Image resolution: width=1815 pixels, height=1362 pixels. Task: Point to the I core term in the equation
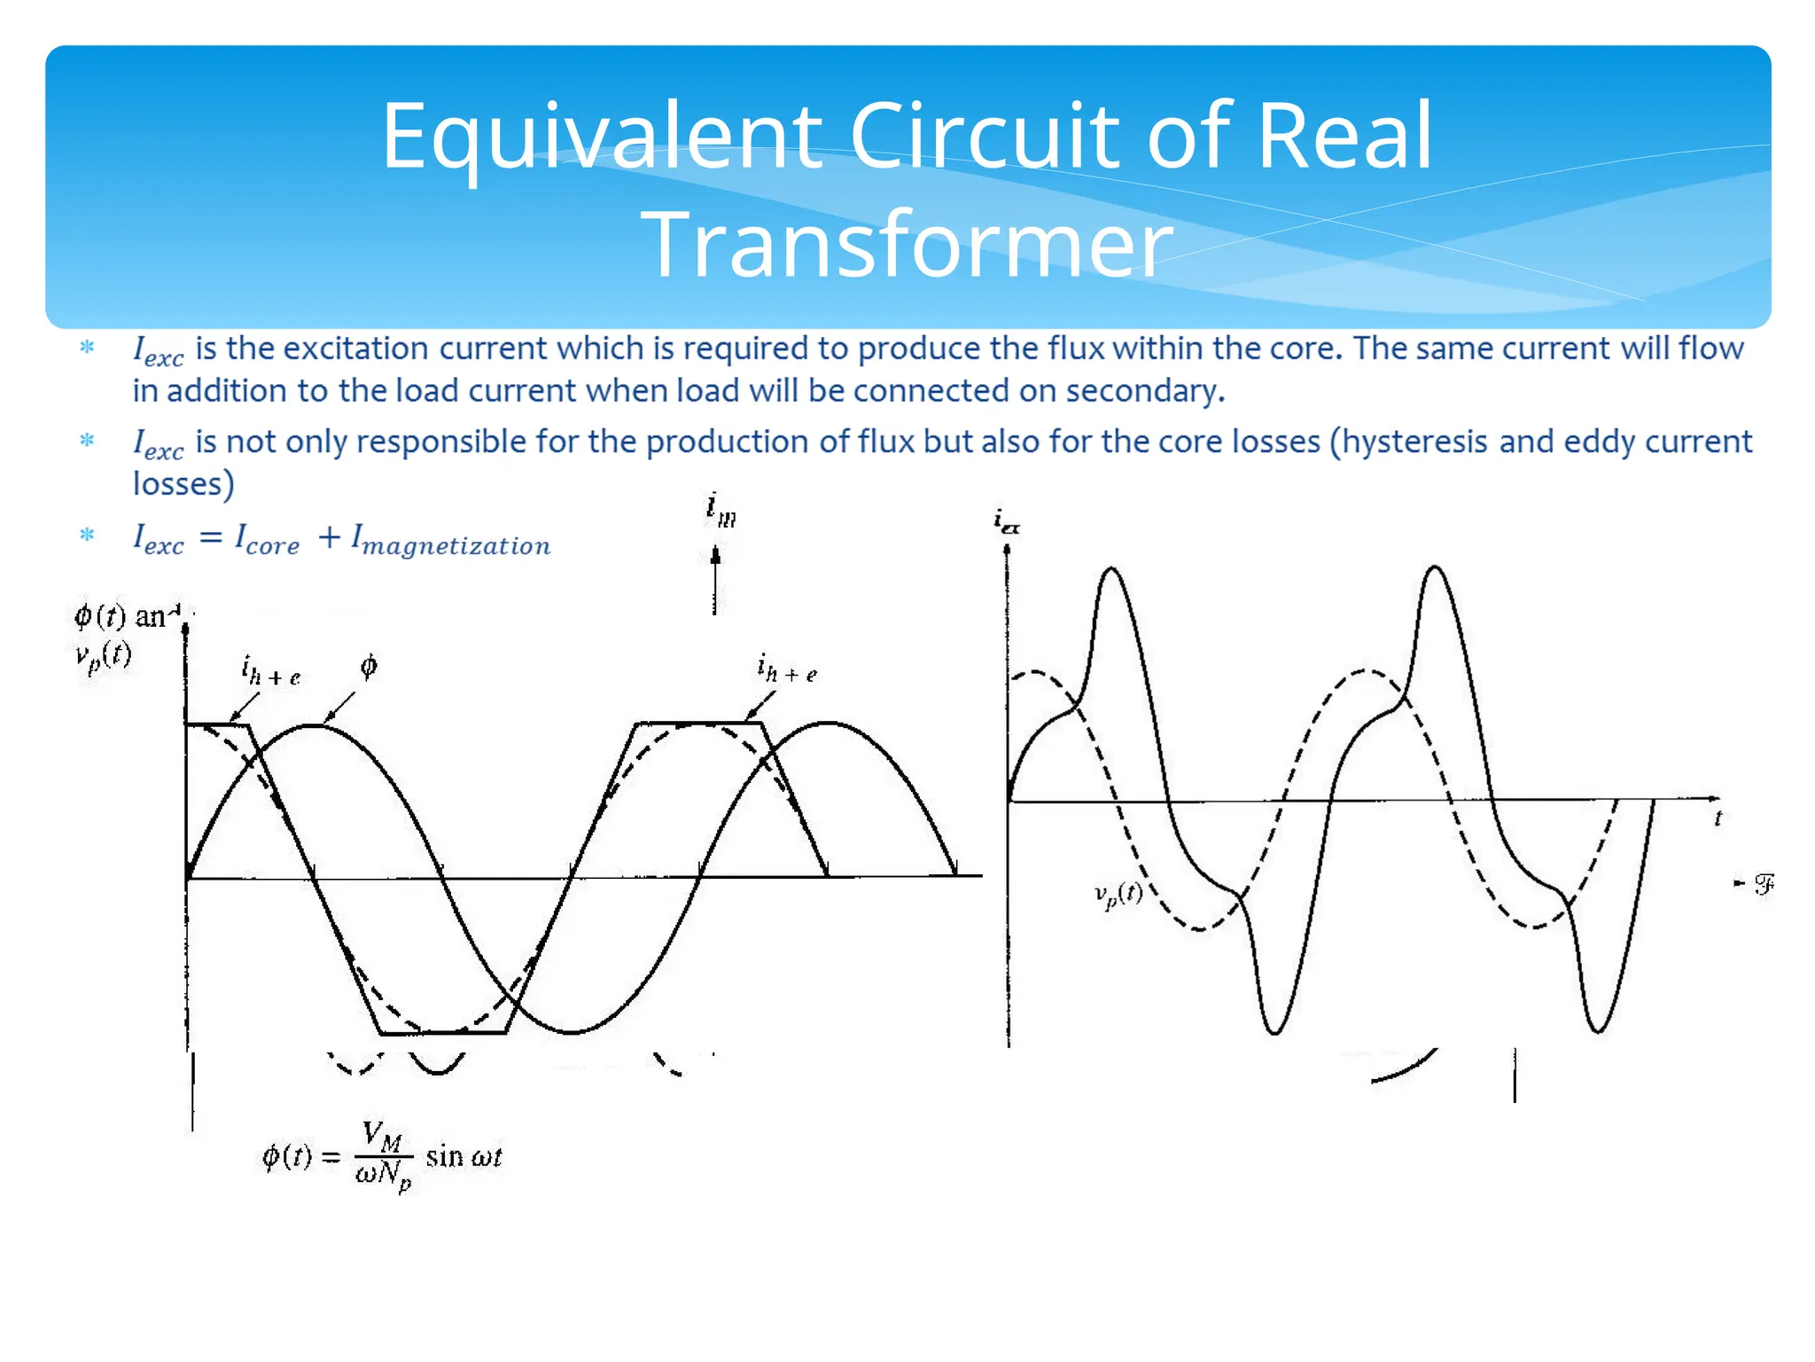click(267, 538)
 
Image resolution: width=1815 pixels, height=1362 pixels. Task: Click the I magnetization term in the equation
click(451, 539)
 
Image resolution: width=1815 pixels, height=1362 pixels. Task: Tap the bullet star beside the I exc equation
click(87, 535)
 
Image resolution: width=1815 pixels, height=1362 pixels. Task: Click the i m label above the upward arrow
click(721, 510)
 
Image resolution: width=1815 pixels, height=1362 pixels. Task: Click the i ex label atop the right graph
click(1006, 521)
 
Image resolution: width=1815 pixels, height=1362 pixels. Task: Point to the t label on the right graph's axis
click(1718, 818)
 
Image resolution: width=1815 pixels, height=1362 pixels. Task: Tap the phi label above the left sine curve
click(369, 666)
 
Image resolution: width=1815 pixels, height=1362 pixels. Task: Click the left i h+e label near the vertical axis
click(270, 670)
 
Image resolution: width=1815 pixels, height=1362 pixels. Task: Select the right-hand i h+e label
click(786, 669)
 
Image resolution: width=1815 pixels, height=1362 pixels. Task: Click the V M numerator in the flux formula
click(382, 1135)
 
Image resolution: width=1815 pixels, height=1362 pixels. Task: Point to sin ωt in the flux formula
click(463, 1156)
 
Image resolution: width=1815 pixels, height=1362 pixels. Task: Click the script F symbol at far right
click(1764, 884)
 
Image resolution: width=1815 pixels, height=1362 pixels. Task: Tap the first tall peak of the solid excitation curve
click(1111, 571)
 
